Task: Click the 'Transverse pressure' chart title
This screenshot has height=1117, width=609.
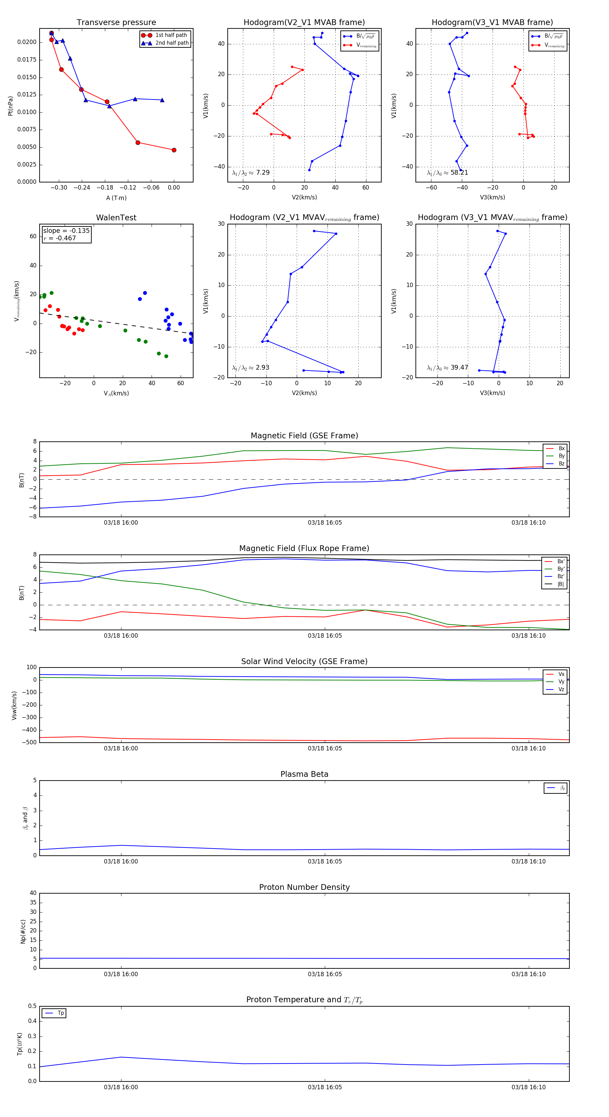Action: click(116, 23)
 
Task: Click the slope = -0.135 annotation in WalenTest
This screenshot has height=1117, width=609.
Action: click(66, 231)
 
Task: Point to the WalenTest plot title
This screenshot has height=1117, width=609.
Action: click(116, 218)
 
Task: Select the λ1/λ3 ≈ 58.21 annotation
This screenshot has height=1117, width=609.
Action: click(447, 173)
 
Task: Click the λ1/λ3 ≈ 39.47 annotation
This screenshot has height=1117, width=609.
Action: click(447, 368)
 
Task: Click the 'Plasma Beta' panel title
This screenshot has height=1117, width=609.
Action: click(304, 774)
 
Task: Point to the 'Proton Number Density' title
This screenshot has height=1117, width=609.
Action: click(304, 887)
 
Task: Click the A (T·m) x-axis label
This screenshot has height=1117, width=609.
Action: click(116, 198)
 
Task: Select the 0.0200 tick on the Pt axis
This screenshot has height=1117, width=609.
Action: click(27, 42)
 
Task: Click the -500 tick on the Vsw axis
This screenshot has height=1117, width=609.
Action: click(29, 742)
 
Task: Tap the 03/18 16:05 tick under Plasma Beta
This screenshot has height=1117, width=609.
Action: click(325, 861)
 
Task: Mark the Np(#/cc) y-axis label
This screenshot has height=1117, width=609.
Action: click(23, 932)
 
